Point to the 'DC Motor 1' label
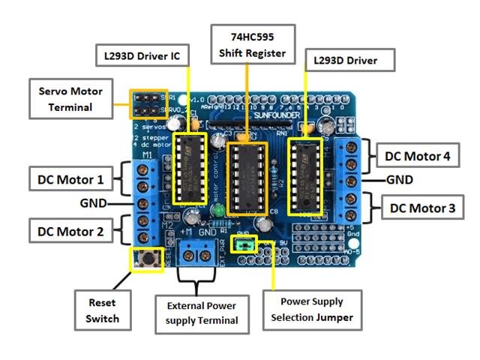point(70,179)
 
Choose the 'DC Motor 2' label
point(70,230)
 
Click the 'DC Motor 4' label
point(418,157)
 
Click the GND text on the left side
point(95,204)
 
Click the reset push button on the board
point(148,260)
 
